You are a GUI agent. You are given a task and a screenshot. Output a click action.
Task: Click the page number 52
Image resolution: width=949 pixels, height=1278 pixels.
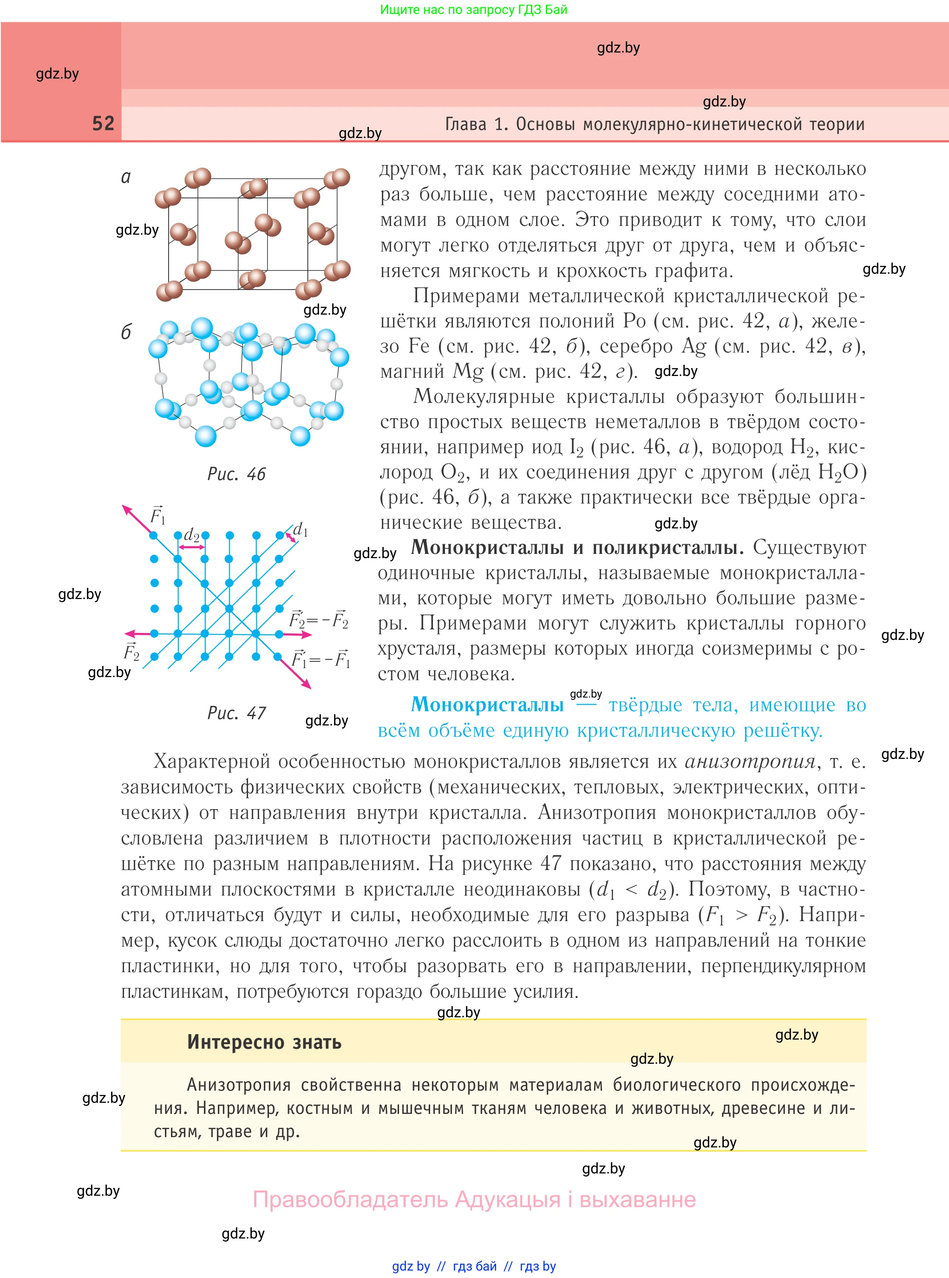pos(104,124)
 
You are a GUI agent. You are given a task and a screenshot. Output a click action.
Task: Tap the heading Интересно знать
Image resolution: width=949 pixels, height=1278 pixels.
pos(264,1042)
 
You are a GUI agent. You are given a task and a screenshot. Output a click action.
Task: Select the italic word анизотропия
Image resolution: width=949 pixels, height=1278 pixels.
pos(750,761)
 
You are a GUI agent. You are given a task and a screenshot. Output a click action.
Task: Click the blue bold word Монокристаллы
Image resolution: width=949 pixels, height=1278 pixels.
pos(487,705)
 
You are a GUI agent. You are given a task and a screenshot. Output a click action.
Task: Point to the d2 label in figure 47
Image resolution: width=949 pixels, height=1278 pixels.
pos(191,535)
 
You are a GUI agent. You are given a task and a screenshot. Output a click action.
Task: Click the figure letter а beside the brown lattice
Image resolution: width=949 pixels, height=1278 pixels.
pos(126,177)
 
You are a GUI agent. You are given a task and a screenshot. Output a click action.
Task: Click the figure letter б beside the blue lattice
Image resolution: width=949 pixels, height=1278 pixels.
pos(126,332)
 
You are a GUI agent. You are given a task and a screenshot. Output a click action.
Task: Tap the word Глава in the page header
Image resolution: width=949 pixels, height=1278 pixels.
pos(465,124)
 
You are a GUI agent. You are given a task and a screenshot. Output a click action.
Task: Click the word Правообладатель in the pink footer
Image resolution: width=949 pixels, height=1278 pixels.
pos(350,1200)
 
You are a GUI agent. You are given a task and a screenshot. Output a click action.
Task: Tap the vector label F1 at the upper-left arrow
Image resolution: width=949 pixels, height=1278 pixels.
pos(157,515)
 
